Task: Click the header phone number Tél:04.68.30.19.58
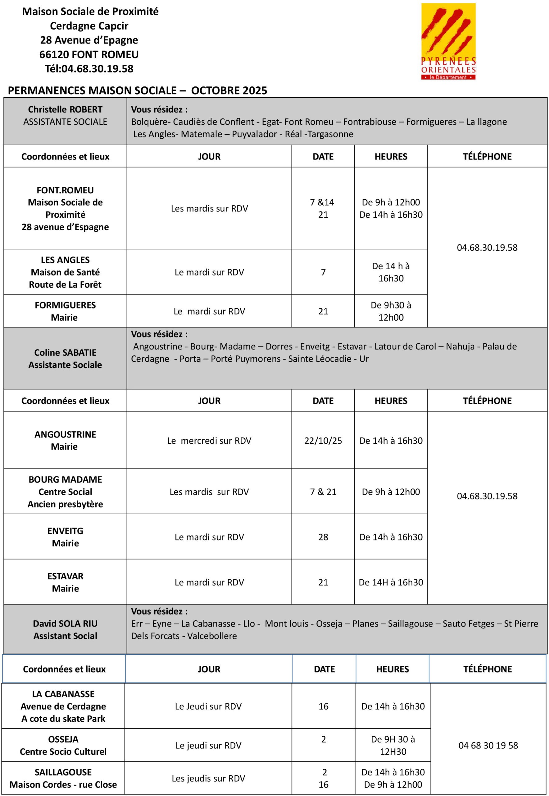[x=89, y=68]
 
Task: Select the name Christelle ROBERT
[x=65, y=109]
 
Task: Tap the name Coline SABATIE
[x=65, y=352]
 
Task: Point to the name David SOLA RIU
[x=65, y=623]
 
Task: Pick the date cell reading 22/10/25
[x=323, y=441]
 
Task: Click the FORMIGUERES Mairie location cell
[x=65, y=311]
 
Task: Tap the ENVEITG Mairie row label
[x=65, y=537]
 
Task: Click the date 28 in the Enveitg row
[x=323, y=537]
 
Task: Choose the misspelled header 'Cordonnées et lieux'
[x=64, y=669]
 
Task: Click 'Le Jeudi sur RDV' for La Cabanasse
[x=208, y=706]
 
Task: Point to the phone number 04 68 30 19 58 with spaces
[x=488, y=745]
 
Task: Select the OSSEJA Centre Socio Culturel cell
[x=63, y=745]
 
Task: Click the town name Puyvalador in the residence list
[x=254, y=134]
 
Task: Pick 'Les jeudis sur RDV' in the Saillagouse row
[x=208, y=779]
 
